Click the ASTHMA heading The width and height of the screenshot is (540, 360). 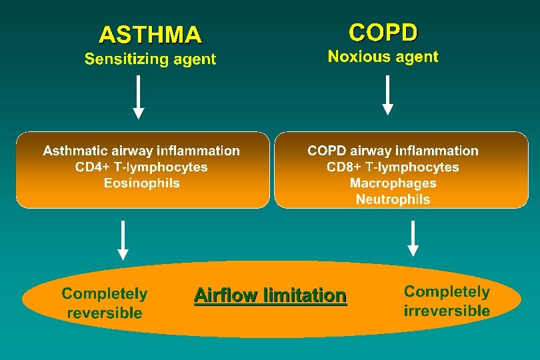150,34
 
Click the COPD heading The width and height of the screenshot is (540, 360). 383,31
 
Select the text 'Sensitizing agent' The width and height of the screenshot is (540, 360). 150,59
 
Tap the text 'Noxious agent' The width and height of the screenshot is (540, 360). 383,57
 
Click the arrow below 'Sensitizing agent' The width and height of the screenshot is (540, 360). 138,97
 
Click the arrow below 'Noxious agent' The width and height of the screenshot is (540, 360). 387,95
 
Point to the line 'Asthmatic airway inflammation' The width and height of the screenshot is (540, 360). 141,151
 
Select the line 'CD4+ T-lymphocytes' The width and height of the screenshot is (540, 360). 141,167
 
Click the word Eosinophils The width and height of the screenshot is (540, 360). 141,183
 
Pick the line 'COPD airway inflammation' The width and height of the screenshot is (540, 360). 393,151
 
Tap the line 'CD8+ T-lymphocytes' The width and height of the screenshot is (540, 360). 393,167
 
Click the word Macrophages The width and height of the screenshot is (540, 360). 393,183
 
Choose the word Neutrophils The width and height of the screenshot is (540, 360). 393,199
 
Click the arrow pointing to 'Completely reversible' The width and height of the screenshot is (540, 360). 123,240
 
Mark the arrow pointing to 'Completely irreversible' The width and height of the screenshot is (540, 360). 413,238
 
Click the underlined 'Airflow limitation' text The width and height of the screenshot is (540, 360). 270,295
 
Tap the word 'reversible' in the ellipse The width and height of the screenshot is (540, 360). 105,313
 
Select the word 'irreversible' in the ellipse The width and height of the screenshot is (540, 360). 447,311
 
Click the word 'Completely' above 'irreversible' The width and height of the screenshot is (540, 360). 447,292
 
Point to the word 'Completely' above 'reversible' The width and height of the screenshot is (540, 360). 105,294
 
